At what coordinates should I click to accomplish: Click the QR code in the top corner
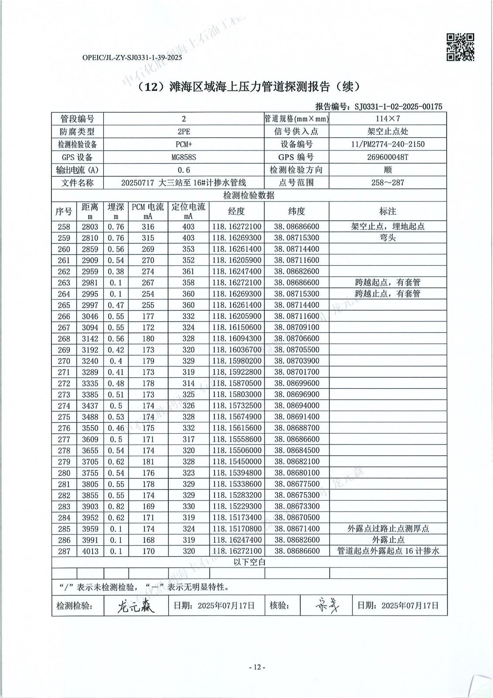(x=460, y=47)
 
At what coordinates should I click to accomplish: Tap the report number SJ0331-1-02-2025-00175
(x=398, y=106)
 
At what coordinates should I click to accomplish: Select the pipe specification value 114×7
(x=387, y=119)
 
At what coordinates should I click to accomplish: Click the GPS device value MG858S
(x=184, y=157)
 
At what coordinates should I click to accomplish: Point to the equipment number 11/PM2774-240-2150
(x=387, y=144)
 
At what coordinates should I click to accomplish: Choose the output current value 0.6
(x=184, y=170)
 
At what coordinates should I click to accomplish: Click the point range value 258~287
(x=387, y=183)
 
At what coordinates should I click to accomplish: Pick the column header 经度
(x=236, y=212)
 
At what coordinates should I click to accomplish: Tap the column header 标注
(x=387, y=212)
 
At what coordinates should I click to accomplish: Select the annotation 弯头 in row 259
(x=387, y=238)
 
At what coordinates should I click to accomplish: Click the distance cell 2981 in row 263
(x=90, y=283)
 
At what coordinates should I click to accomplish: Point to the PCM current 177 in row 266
(x=148, y=316)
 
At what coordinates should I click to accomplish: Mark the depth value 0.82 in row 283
(x=116, y=506)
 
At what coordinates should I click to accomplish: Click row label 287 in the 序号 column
(x=64, y=551)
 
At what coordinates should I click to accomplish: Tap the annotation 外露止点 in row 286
(x=387, y=540)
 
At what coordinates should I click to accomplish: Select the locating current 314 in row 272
(x=188, y=383)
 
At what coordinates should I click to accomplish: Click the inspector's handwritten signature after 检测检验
(x=136, y=606)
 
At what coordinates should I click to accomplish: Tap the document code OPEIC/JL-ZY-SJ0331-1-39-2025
(x=132, y=57)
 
